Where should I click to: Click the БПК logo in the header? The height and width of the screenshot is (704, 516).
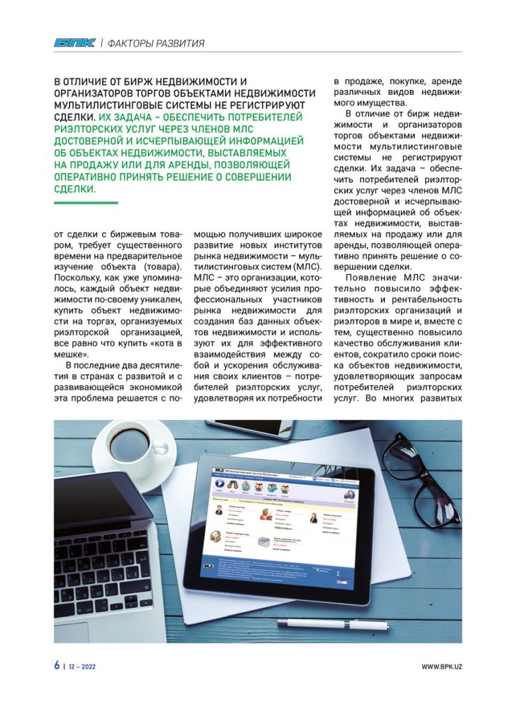point(75,43)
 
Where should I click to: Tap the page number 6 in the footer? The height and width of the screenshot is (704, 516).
point(56,666)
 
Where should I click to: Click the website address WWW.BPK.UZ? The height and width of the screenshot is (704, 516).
point(441,666)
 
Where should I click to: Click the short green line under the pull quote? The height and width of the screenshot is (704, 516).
point(85,202)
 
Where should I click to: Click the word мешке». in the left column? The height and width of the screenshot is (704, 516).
point(72,354)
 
